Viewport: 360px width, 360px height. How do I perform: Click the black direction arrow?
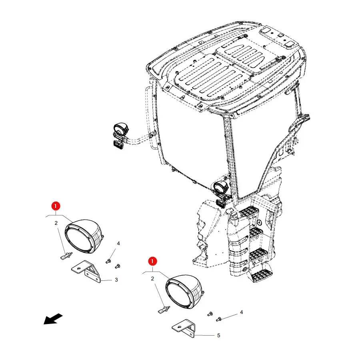tap(53, 319)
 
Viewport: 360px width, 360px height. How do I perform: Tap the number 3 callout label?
tap(116, 280)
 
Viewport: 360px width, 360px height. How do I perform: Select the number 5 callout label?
tap(218, 336)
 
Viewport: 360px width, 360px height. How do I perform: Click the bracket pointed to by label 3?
tap(86, 272)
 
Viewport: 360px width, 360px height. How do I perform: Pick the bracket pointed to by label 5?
tap(184, 328)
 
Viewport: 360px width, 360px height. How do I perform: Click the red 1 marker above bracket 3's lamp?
tap(56, 206)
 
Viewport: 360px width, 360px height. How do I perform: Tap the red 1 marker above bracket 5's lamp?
tap(152, 261)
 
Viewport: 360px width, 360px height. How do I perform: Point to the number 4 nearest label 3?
tap(118, 243)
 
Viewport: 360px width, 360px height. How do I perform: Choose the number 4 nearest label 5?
tap(241, 312)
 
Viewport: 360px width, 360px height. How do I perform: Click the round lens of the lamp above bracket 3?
tap(79, 240)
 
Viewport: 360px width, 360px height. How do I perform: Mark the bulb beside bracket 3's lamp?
tap(66, 256)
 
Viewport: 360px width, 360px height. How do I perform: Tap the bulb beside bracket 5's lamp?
tap(164, 310)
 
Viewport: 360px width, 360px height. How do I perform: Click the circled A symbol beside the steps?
tap(259, 222)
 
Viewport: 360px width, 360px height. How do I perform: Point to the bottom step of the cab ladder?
tap(261, 275)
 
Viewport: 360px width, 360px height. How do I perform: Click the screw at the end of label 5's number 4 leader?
tap(219, 319)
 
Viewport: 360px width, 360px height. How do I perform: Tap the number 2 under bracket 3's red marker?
tap(56, 223)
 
